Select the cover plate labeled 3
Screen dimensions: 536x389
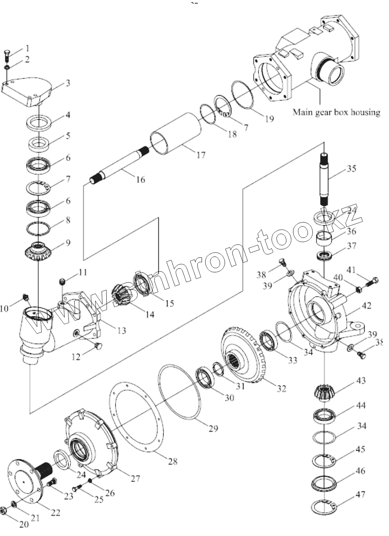tap(27, 92)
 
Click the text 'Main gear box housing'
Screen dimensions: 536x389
tap(336, 112)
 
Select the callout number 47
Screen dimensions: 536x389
tap(360, 495)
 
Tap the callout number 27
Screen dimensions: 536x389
tap(135, 479)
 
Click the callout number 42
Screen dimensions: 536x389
tap(366, 306)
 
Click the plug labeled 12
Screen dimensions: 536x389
tap(98, 346)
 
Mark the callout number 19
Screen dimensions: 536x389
tap(269, 118)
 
